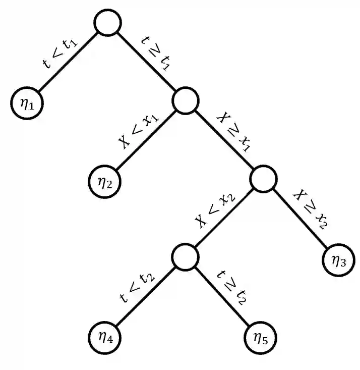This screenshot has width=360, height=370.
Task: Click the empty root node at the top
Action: [107, 23]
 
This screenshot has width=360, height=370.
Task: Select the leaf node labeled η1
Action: [27, 103]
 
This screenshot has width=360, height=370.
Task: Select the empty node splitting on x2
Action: [263, 179]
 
